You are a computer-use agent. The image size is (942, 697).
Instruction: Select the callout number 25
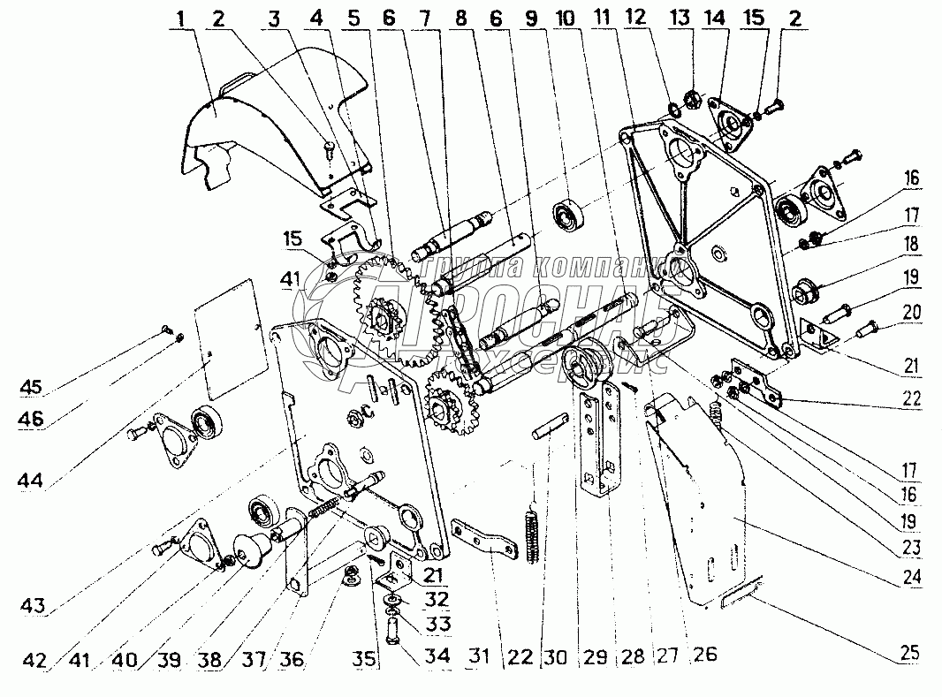click(x=909, y=655)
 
